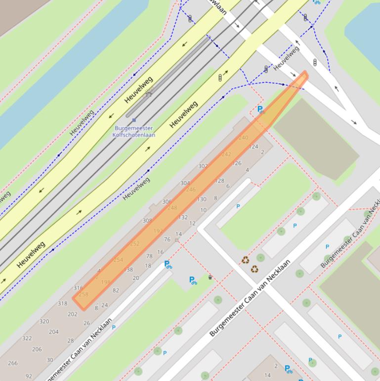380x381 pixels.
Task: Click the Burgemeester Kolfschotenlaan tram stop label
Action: coord(134,132)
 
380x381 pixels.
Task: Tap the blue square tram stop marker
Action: coord(134,120)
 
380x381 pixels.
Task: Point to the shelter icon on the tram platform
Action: coord(149,93)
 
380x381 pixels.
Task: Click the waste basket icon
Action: coord(210,277)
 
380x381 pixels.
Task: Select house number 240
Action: coord(243,138)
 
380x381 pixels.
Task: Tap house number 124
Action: coord(253,146)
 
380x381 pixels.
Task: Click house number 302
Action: coord(203,166)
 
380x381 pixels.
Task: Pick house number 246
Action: coord(191,190)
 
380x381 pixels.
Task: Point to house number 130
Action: coord(202,199)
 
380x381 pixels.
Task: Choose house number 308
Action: coord(147,221)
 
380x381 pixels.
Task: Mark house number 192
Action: coord(158,231)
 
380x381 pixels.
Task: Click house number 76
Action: coord(167,239)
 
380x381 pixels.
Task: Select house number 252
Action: coord(135,244)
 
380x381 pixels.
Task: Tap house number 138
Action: coord(128,270)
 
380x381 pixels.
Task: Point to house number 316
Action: coord(78,287)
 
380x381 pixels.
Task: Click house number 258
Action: coord(84,294)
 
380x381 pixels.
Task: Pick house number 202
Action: coord(73,314)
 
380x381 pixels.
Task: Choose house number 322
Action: coord(27,338)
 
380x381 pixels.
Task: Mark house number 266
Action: coord(13,363)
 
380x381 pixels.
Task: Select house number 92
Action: coord(29,376)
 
